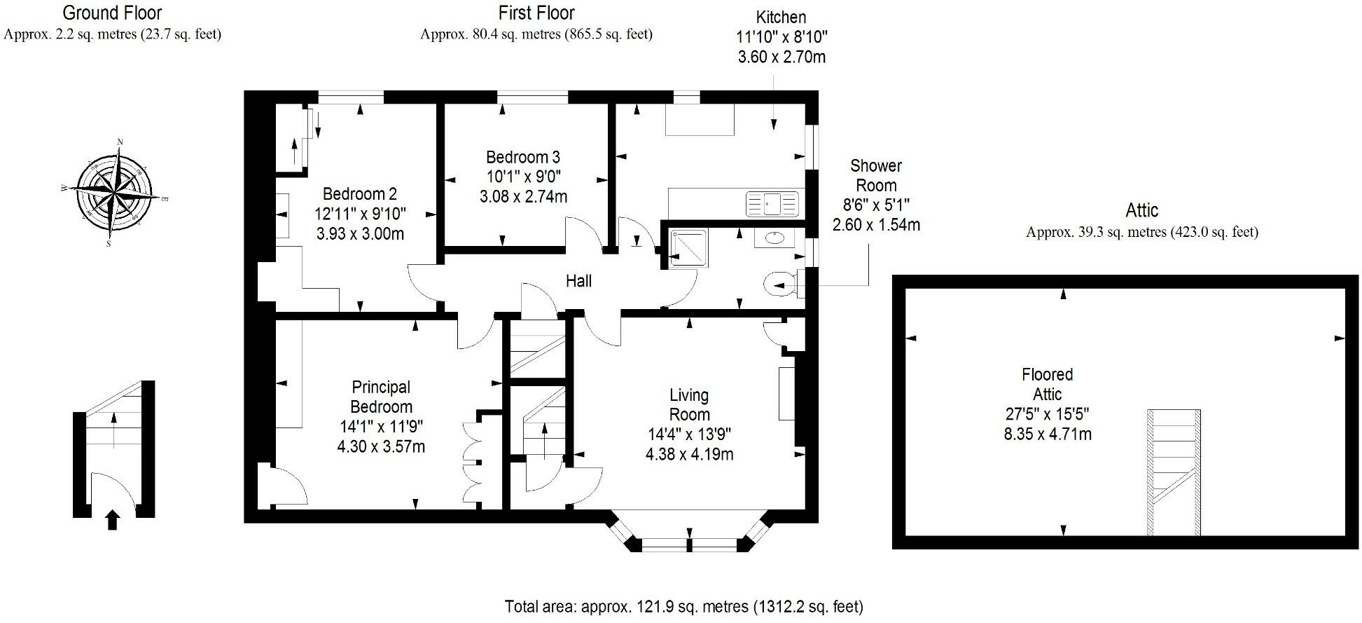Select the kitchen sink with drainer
[x=772, y=204]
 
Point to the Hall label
[x=578, y=281]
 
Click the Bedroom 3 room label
[x=523, y=157]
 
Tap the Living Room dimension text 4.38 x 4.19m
[x=689, y=454]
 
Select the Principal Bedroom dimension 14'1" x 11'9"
[x=381, y=426]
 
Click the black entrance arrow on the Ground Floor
[x=112, y=520]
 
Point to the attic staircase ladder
[x=1174, y=472]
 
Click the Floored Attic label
[x=1047, y=384]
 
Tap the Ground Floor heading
[x=112, y=13]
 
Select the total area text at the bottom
[x=683, y=606]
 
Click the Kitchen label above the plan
[x=781, y=17]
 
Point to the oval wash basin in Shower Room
[x=774, y=238]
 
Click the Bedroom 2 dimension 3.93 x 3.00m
[x=360, y=233]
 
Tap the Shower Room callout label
[x=875, y=176]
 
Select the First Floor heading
[x=536, y=13]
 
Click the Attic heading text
[x=1141, y=210]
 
